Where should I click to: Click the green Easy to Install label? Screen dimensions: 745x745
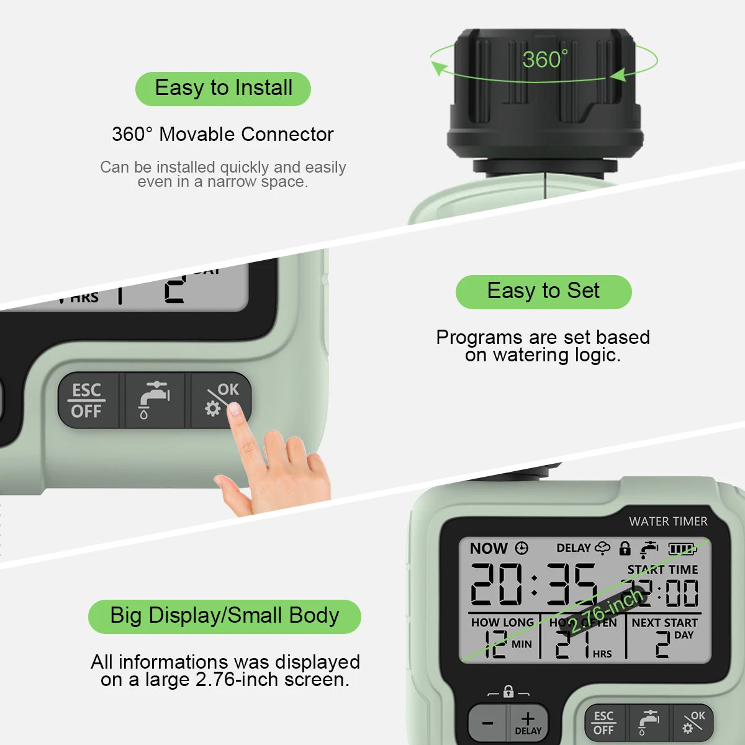click(223, 88)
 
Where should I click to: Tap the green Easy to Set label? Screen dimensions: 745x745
click(543, 291)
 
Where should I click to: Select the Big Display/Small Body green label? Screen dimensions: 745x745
click(224, 616)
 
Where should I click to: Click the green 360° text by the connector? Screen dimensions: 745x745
click(544, 60)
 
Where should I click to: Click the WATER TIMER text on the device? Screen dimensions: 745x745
click(667, 521)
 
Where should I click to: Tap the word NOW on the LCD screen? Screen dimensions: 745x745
click(489, 548)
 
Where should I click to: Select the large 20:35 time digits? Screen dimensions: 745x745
click(533, 584)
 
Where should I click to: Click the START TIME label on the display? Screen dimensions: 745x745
click(662, 569)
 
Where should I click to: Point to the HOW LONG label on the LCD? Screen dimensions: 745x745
click(502, 622)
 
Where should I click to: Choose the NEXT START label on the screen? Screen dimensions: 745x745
click(664, 622)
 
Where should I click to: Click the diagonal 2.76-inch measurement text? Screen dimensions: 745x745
click(605, 612)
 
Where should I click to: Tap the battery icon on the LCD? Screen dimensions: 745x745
click(682, 548)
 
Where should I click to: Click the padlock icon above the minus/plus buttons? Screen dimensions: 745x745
click(508, 691)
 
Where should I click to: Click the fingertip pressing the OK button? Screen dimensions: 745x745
click(235, 409)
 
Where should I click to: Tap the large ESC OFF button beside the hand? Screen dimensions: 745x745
click(87, 400)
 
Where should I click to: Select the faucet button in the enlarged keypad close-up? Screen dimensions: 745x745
click(154, 400)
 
